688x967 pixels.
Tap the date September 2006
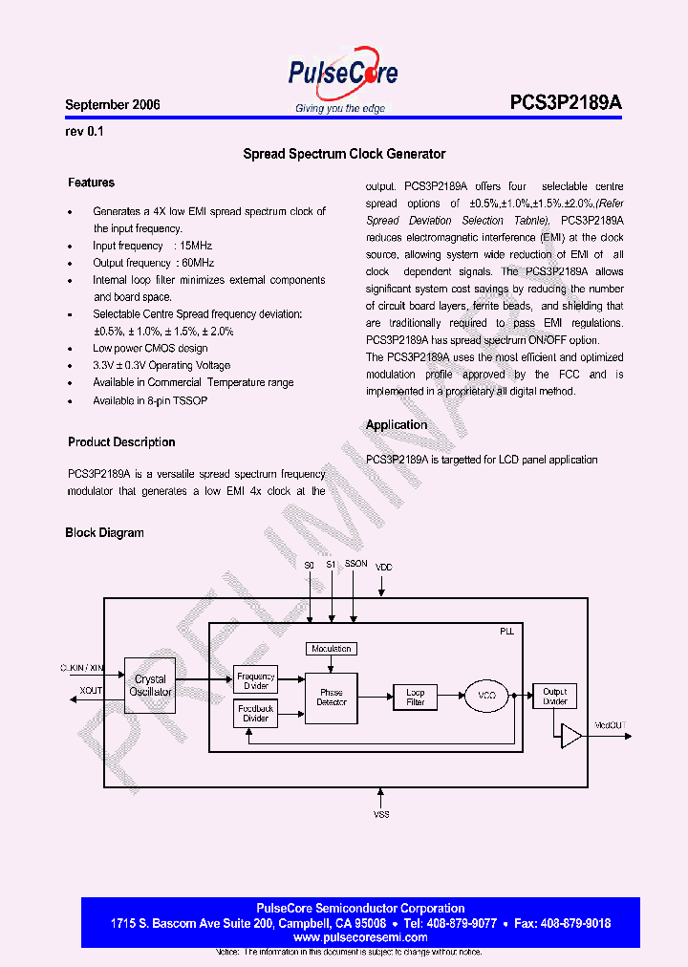tap(113, 105)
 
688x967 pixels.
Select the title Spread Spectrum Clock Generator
tap(344, 154)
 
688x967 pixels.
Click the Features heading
tap(91, 183)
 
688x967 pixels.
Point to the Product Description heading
tap(121, 442)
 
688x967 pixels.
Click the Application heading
tap(397, 425)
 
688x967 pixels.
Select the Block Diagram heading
tap(104, 533)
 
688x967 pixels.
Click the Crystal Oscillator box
tap(150, 686)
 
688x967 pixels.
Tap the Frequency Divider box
tap(255, 681)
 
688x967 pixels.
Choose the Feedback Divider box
tap(255, 714)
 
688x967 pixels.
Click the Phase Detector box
tap(331, 698)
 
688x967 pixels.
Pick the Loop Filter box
tap(415, 698)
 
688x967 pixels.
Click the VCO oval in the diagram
tap(486, 698)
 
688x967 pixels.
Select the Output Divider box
tap(554, 697)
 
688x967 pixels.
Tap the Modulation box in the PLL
tap(331, 649)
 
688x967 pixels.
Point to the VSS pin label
tap(381, 813)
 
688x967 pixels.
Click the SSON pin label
tap(355, 565)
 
